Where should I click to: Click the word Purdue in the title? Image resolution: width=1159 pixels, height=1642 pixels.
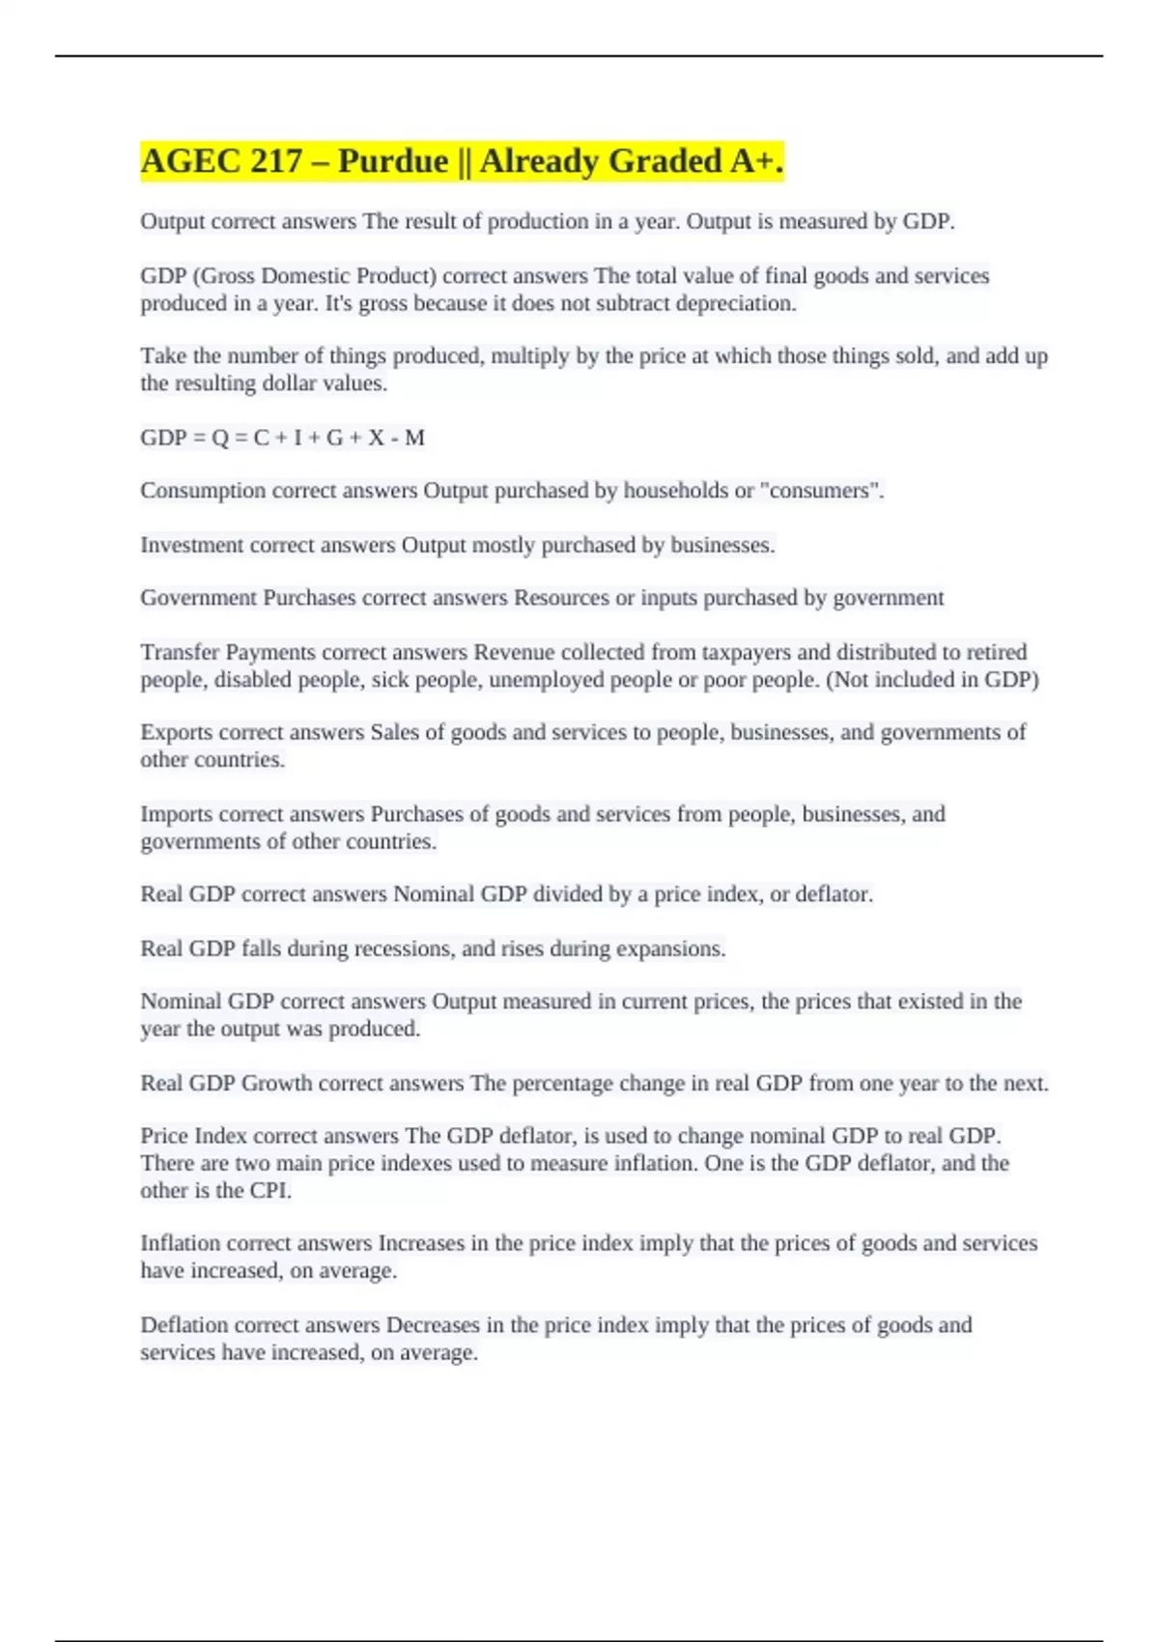(392, 161)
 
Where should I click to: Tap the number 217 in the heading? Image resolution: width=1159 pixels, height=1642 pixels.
(275, 161)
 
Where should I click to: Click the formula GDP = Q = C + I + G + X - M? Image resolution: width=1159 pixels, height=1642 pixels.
(282, 439)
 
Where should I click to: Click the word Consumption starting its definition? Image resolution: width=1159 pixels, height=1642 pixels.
(203, 491)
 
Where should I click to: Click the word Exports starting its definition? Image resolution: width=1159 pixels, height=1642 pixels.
(177, 732)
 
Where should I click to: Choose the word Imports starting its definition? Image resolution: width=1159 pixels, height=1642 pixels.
(177, 814)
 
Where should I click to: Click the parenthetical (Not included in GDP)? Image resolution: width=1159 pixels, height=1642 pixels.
(932, 680)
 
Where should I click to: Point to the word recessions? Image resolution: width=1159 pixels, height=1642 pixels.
(403, 948)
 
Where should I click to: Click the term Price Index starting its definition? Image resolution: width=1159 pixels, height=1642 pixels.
(194, 1136)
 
